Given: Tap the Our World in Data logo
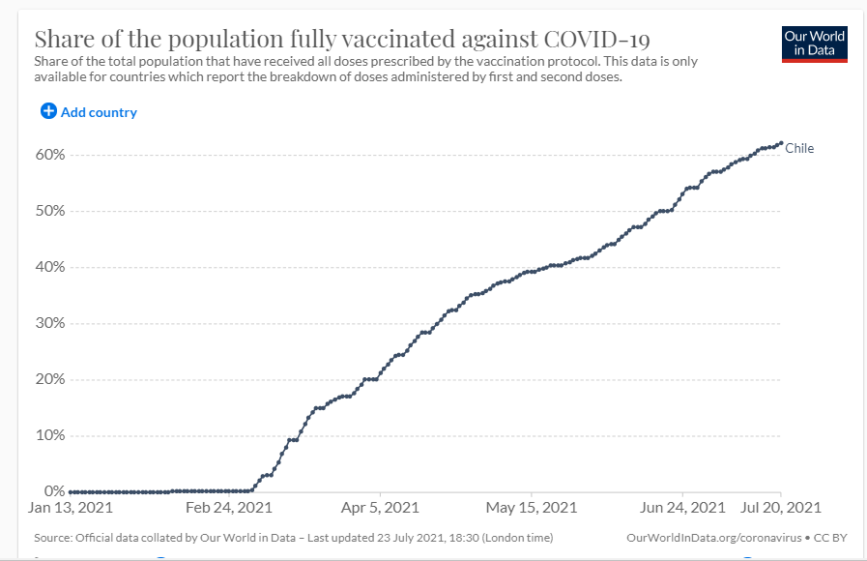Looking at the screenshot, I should tap(814, 44).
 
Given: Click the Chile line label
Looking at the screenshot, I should tap(799, 148).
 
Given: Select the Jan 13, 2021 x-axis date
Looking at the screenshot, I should tap(70, 508).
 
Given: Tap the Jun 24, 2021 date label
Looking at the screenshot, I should tap(682, 508).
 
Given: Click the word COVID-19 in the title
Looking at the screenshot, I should tap(597, 40).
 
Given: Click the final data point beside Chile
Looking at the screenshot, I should tap(780, 143).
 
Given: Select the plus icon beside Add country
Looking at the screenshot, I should tap(48, 111).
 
